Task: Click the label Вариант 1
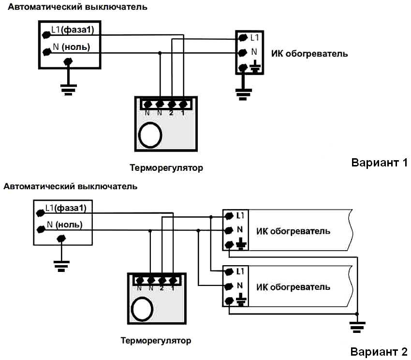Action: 380,163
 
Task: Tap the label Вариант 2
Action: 379,351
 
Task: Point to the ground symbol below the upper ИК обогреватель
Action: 242,92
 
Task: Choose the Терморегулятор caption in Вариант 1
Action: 166,168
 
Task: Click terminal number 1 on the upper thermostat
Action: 183,104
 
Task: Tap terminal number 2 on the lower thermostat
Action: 161,280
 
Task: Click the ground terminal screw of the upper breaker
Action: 68,61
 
